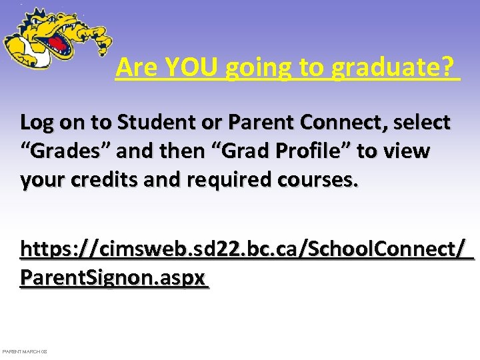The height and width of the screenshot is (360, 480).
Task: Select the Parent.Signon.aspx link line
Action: coord(113,277)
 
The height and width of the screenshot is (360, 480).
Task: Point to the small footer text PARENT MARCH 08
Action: coord(25,351)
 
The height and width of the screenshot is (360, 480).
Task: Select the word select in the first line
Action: coord(422,123)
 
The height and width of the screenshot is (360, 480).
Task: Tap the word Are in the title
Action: coord(135,67)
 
